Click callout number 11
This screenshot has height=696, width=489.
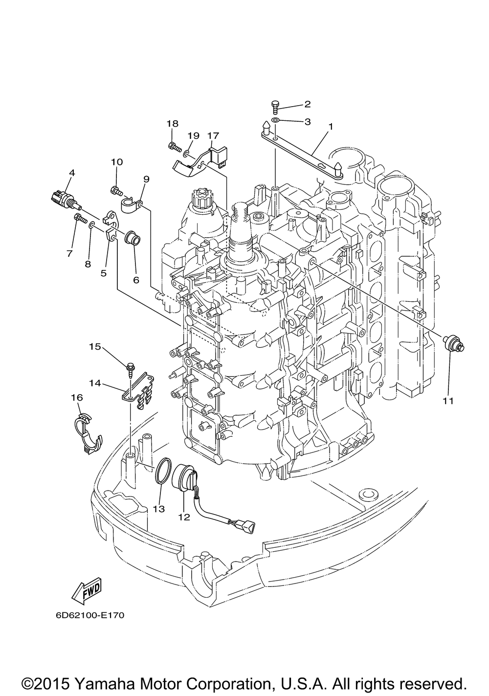[448, 401]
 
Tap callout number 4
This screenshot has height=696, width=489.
[72, 173]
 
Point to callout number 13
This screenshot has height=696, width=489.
[159, 509]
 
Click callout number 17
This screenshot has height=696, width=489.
[213, 135]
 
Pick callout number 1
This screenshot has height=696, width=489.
[331, 127]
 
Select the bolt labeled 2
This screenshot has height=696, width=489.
[275, 107]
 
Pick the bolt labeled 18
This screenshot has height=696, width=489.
[175, 146]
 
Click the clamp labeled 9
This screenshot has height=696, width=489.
[132, 206]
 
